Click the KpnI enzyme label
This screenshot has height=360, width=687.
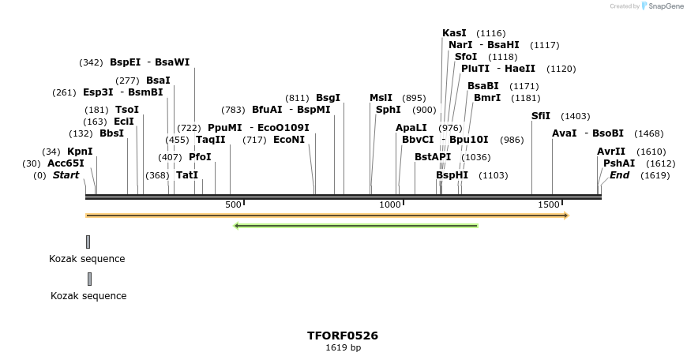click(x=80, y=152)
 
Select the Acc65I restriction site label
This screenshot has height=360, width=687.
click(x=66, y=163)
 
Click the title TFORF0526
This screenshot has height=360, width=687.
click(x=343, y=336)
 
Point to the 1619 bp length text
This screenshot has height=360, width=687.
click(x=343, y=347)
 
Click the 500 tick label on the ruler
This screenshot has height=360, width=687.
click(x=233, y=205)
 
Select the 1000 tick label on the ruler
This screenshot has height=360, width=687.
click(x=390, y=205)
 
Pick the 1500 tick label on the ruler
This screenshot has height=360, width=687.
click(x=549, y=205)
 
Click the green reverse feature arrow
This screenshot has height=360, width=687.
click(x=356, y=226)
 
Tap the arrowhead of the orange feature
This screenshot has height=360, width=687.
click(x=565, y=215)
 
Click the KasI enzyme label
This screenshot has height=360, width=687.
click(x=454, y=33)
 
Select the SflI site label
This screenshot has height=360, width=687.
click(x=541, y=116)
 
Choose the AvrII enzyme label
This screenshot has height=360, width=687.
click(x=611, y=152)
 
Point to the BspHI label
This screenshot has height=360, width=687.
click(x=452, y=175)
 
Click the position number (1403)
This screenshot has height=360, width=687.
click(x=575, y=116)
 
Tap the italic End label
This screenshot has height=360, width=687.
click(x=619, y=175)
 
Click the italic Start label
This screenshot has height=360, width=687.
click(x=66, y=175)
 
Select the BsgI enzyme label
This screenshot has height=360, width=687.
click(x=328, y=98)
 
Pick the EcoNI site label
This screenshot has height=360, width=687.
click(x=288, y=140)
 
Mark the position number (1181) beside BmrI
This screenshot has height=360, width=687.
click(x=526, y=98)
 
